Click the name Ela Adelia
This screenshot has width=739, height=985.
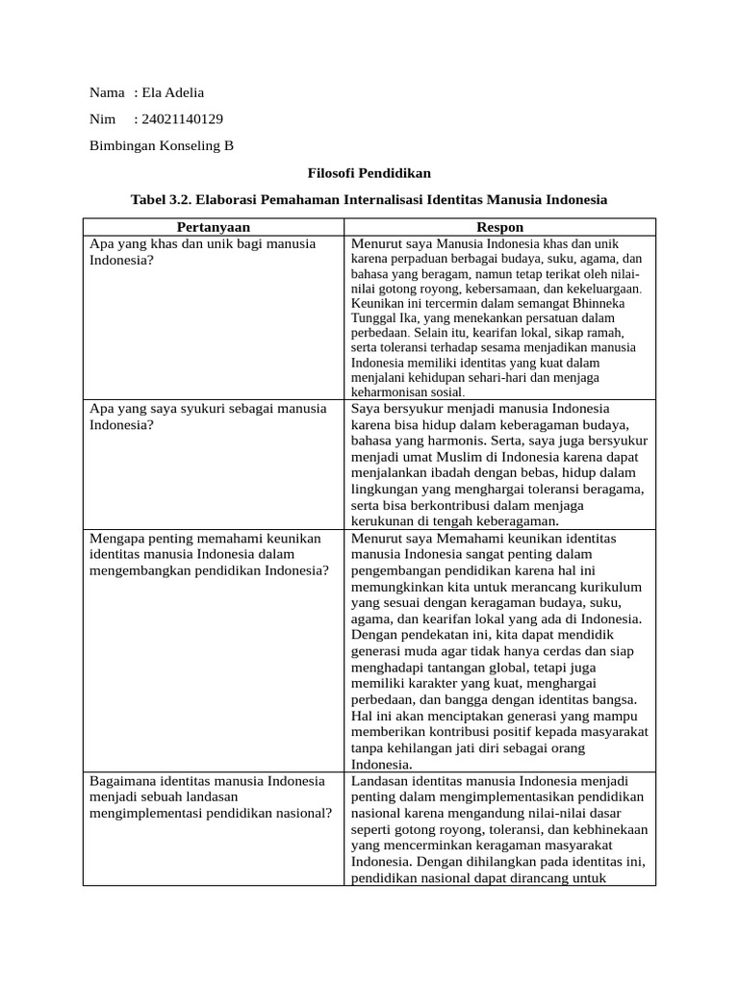[173, 92]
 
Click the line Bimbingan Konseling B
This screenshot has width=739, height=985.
[162, 146]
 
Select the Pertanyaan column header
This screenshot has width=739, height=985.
[213, 227]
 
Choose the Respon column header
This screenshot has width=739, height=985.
[500, 227]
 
